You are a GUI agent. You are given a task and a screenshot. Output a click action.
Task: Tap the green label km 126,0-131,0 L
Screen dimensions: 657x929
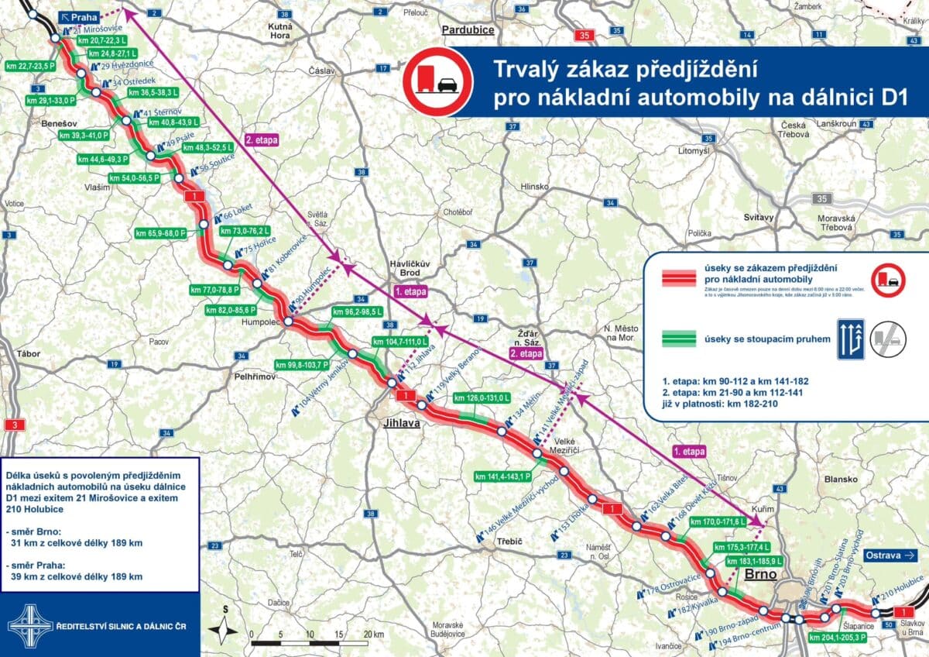[x=482, y=398]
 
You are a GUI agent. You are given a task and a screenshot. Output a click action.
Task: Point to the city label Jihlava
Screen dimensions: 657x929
[x=400, y=423]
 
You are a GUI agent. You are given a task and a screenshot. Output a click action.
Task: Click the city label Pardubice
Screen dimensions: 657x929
[x=468, y=30]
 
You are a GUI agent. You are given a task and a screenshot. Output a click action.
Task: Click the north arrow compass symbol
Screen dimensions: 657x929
[x=225, y=626]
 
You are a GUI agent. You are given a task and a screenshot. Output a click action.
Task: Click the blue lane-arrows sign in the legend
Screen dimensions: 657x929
[x=849, y=339]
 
